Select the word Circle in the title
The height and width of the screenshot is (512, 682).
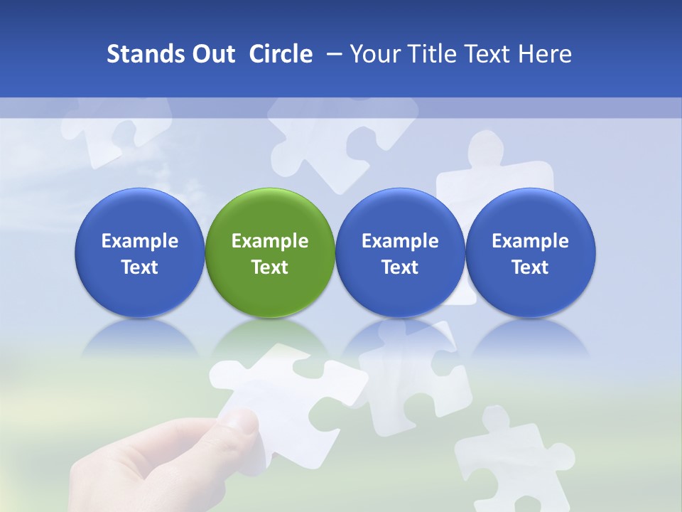click(x=281, y=54)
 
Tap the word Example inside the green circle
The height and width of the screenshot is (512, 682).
click(x=270, y=241)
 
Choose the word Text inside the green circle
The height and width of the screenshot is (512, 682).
click(x=270, y=267)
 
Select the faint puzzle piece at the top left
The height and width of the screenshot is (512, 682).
click(x=114, y=128)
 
